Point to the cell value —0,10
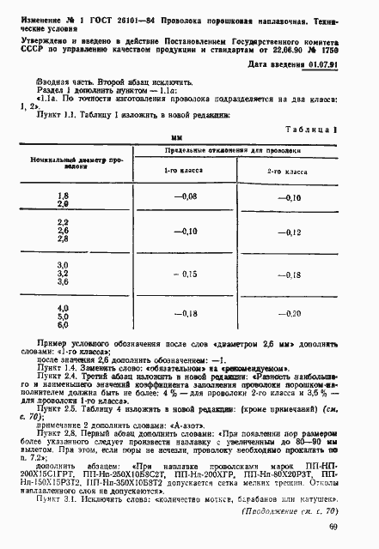(290, 198)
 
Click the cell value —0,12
(290, 233)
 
